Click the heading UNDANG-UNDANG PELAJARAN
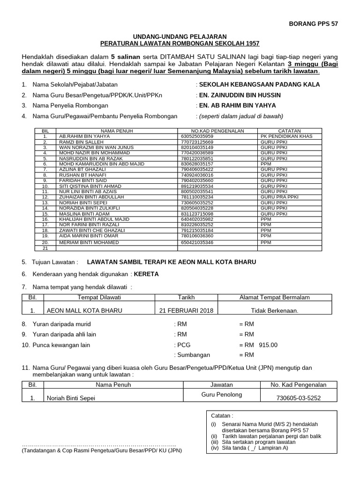(180, 36)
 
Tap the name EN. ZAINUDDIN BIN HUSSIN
(241, 95)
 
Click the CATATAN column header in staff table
(289, 131)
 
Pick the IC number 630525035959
(196, 136)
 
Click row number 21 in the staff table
(45, 248)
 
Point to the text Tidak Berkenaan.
(274, 310)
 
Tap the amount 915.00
(268, 345)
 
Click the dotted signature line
(99, 443)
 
